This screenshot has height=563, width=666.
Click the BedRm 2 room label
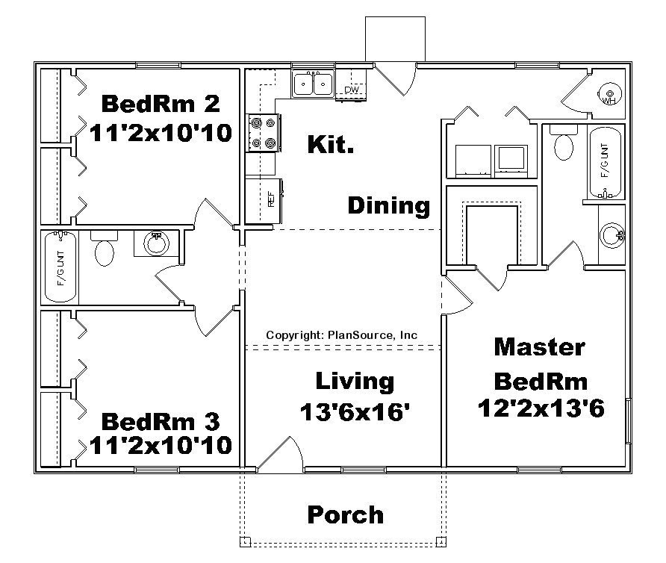[161, 102]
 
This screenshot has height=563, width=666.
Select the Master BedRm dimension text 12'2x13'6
[541, 409]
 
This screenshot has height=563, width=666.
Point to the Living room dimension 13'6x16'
[354, 410]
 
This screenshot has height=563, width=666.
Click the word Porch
[346, 514]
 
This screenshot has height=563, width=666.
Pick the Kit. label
[331, 145]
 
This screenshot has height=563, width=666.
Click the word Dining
[388, 205]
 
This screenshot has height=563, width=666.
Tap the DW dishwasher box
[351, 90]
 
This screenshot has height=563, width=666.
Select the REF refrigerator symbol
[269, 200]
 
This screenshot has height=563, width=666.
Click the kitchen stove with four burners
[263, 132]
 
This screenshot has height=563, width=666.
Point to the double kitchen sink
[313, 84]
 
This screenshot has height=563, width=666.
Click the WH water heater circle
[609, 94]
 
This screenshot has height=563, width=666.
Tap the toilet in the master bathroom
[563, 143]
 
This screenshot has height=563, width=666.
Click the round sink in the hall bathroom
[157, 243]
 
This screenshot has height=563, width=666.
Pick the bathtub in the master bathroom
[606, 162]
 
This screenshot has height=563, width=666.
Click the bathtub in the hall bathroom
[61, 267]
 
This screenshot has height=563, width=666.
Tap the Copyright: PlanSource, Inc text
[341, 335]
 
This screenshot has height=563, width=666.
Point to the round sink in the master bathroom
[612, 235]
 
